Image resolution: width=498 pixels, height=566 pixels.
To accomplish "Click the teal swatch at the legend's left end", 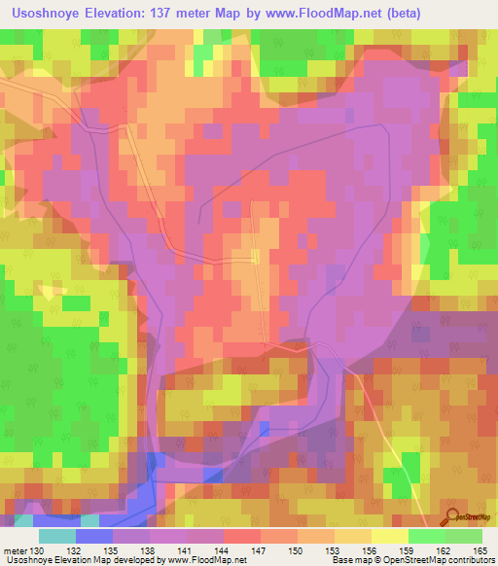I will click(57, 536).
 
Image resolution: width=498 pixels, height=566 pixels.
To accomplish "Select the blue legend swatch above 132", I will click(94, 536).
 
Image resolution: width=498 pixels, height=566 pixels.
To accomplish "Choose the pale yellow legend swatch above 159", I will click(389, 536).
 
